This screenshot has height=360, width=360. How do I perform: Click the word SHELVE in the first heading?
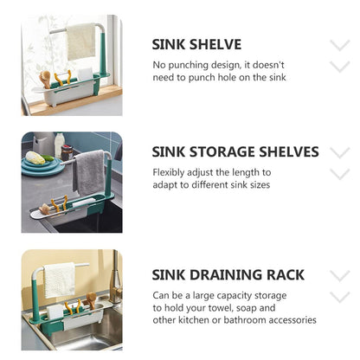pos(212,43)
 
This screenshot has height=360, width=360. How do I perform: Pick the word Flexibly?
pos(170,173)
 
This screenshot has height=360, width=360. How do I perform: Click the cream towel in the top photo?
pos(81,41)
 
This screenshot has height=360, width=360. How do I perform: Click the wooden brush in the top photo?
pos(46,80)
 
